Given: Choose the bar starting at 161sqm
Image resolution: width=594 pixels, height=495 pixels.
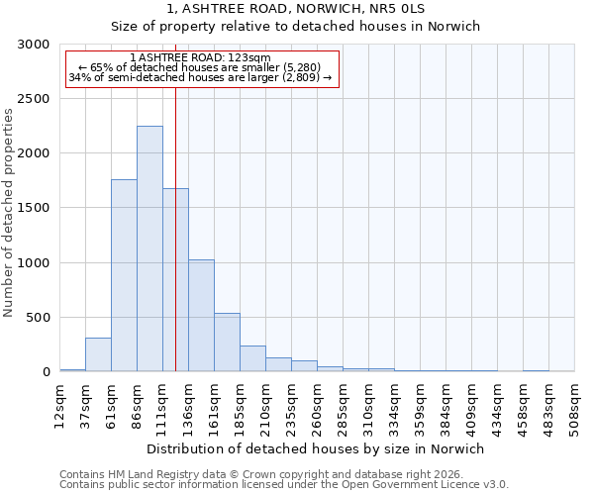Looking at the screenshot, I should tap(227, 343).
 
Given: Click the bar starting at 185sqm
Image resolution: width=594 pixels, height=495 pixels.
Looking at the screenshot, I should tap(252, 358).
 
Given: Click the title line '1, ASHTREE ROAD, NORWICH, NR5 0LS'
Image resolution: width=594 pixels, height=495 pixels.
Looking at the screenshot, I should tap(296, 9).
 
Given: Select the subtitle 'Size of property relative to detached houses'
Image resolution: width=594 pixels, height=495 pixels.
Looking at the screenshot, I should tap(296, 27).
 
